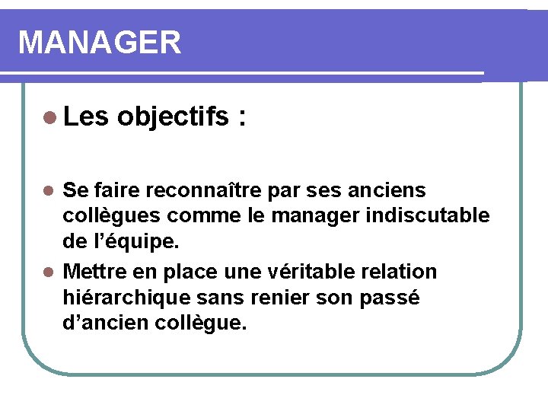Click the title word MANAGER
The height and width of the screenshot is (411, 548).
point(100,43)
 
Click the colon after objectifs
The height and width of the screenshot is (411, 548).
point(242,118)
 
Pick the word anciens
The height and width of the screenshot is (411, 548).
point(397,189)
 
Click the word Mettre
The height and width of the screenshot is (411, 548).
point(96,271)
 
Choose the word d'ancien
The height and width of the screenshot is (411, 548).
point(108,323)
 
